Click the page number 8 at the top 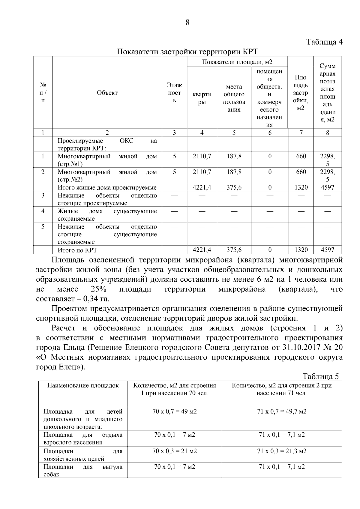(x=187, y=23)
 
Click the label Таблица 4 (x=324, y=42)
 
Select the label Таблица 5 (x=320, y=377)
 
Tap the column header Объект (x=107, y=93)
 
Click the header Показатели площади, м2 (x=237, y=62)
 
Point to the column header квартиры (x=202, y=98)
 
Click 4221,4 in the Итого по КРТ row (x=202, y=250)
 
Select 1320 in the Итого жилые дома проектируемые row (x=301, y=187)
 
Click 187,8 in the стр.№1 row (x=234, y=156)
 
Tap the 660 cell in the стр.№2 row (x=301, y=172)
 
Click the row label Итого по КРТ (x=77, y=250)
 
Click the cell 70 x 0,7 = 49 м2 (x=175, y=411)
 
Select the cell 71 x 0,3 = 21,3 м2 (x=282, y=451)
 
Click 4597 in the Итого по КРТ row (x=327, y=250)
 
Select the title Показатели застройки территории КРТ (x=187, y=52)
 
